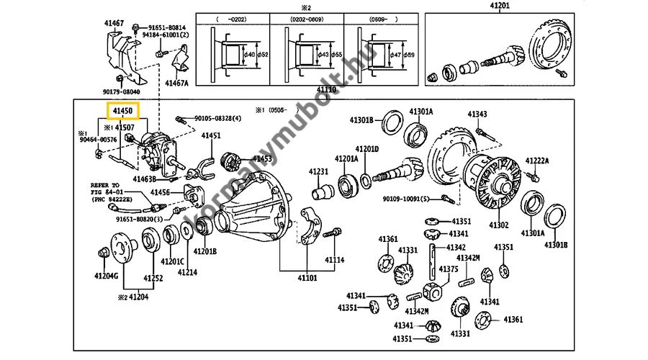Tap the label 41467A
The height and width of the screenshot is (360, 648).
click(x=176, y=83)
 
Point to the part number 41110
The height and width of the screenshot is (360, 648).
click(x=327, y=90)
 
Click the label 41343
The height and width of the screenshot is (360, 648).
click(x=477, y=114)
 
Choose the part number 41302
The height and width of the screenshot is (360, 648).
click(x=499, y=225)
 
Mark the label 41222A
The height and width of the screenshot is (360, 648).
click(x=537, y=161)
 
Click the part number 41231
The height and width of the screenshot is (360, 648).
click(x=318, y=171)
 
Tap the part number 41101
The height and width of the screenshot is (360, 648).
click(x=307, y=277)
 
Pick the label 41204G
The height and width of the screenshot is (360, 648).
click(x=106, y=276)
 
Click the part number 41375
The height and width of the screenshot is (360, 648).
click(x=449, y=269)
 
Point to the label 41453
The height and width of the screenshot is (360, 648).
click(x=261, y=159)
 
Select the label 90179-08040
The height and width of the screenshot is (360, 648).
click(x=120, y=92)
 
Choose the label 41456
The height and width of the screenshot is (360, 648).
click(x=160, y=193)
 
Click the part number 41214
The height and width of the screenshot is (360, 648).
click(x=187, y=272)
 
